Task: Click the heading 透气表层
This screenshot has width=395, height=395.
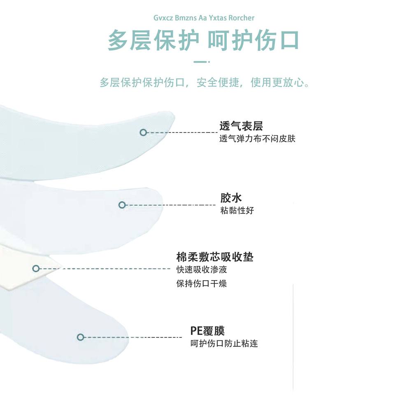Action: point(241,126)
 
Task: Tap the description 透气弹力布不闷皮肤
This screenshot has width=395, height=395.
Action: point(258,139)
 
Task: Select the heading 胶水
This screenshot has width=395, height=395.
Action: point(231,198)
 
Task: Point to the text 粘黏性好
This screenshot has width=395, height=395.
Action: point(237,211)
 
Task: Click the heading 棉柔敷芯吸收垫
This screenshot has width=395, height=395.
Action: point(215,257)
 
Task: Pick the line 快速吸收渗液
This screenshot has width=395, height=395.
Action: point(202,270)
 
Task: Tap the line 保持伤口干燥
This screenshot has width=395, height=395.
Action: point(202,283)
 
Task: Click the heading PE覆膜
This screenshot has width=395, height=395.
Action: point(207,331)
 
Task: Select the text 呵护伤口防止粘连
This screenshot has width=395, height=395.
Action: point(224,344)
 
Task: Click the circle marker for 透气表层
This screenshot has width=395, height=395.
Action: point(143,132)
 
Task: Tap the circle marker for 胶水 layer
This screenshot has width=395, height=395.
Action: point(122,205)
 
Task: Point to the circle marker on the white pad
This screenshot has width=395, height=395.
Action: point(36,269)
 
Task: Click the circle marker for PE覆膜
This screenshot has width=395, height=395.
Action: point(81,337)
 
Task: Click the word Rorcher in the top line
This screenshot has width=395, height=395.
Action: point(241,18)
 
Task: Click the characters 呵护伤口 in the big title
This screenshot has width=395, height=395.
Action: point(253,40)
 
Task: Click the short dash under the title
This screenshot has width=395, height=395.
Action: point(200,62)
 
